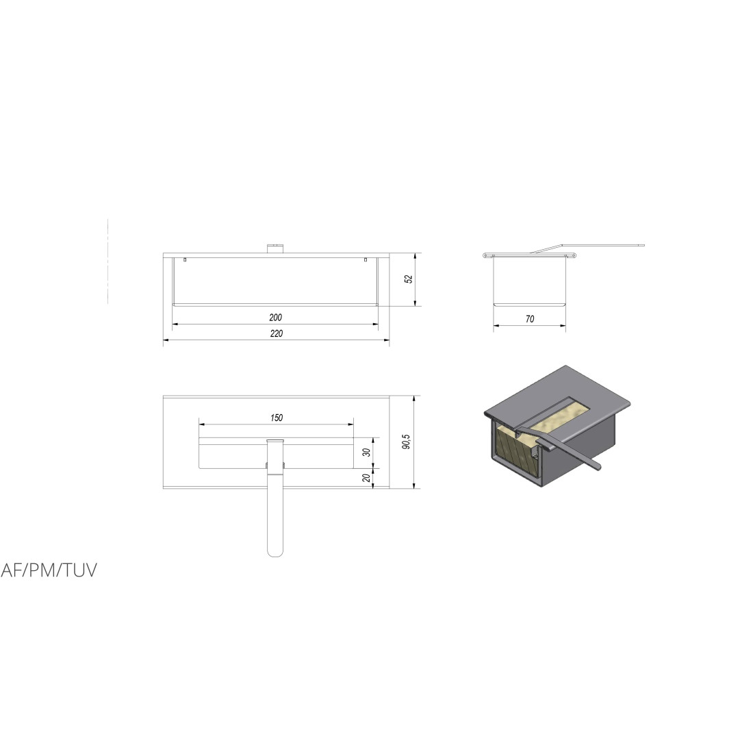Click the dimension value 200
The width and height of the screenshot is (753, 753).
pyautogui.click(x=276, y=318)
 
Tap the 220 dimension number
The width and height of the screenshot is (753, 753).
pyautogui.click(x=276, y=333)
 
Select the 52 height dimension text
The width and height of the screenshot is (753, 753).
pyautogui.click(x=409, y=279)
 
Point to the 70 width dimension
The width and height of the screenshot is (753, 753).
pyautogui.click(x=530, y=319)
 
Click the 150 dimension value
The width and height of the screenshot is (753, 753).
pyautogui.click(x=276, y=418)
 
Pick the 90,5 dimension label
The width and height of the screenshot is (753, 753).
pyautogui.click(x=406, y=442)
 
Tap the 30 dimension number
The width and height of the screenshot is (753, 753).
pyautogui.click(x=367, y=452)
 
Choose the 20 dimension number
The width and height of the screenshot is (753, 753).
pyautogui.click(x=367, y=478)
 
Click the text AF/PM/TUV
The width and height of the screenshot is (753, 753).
pyautogui.click(x=49, y=570)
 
